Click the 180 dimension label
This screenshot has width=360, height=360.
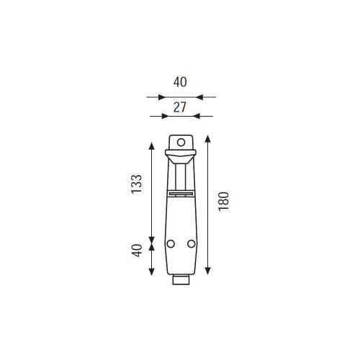pyautogui.click(x=224, y=202)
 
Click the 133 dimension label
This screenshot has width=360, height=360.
pyautogui.click(x=137, y=184)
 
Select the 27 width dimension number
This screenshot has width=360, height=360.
pyautogui.click(x=180, y=107)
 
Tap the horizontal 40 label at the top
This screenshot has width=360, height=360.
pyautogui.click(x=180, y=82)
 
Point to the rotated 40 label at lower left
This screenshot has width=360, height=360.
pyautogui.click(x=138, y=251)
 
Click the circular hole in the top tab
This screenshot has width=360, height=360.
pyautogui.click(x=181, y=143)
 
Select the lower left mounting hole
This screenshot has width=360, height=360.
pyautogui.click(x=171, y=244)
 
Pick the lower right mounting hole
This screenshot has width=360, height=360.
pyautogui.click(x=192, y=244)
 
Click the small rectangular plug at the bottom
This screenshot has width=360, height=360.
pyautogui.click(x=181, y=280)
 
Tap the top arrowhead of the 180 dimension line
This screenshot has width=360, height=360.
pyautogui.click(x=208, y=139)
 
